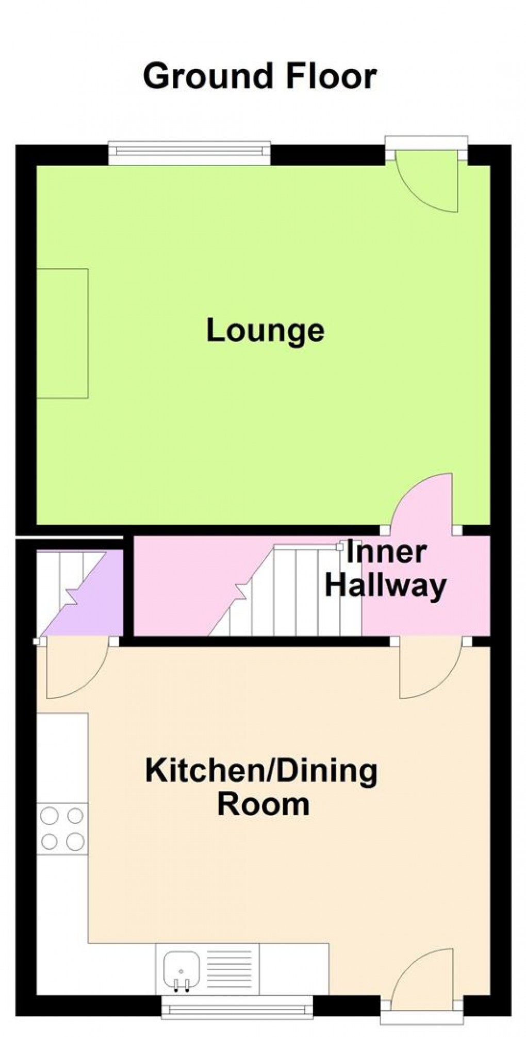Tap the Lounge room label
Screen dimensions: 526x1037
click(x=266, y=331)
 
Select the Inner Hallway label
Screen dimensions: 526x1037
click(x=386, y=570)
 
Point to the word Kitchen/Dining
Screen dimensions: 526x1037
click(x=261, y=771)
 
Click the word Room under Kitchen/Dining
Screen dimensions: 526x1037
click(x=264, y=804)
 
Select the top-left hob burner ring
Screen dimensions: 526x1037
click(x=49, y=816)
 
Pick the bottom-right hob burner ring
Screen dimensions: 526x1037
click(x=75, y=841)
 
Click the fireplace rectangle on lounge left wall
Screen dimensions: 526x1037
click(x=62, y=333)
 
